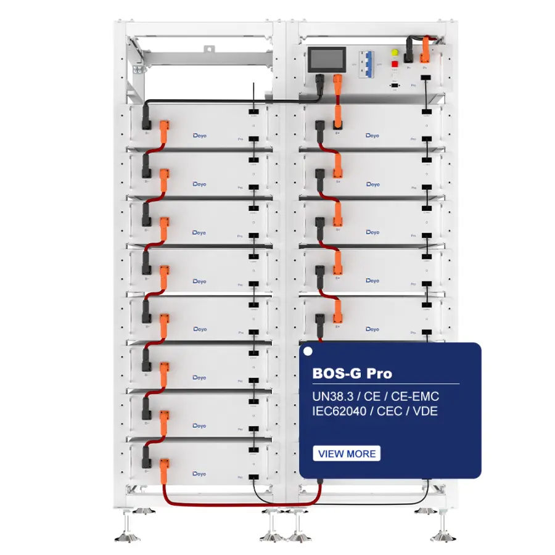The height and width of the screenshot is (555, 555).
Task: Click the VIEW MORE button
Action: tap(347, 454)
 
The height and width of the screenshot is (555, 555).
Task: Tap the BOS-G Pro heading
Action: tap(353, 373)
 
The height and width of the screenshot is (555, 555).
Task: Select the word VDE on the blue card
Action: tap(425, 411)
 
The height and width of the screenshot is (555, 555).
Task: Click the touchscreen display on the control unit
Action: tap(327, 60)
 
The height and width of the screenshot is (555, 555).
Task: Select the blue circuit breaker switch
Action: tap(366, 64)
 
